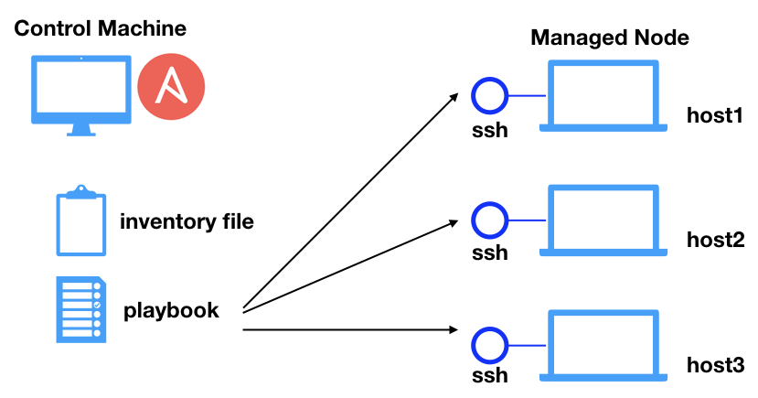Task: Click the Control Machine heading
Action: (x=101, y=28)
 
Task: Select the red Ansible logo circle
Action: (x=171, y=89)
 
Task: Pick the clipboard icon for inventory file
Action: (x=80, y=221)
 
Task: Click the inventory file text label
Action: (x=187, y=221)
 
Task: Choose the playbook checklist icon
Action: (x=80, y=309)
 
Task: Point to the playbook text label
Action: (x=171, y=310)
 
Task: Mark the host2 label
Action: (x=715, y=240)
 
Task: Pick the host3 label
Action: (x=715, y=365)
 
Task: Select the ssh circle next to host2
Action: (x=489, y=220)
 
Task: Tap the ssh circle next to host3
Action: (x=489, y=345)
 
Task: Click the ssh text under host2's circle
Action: (x=489, y=253)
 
